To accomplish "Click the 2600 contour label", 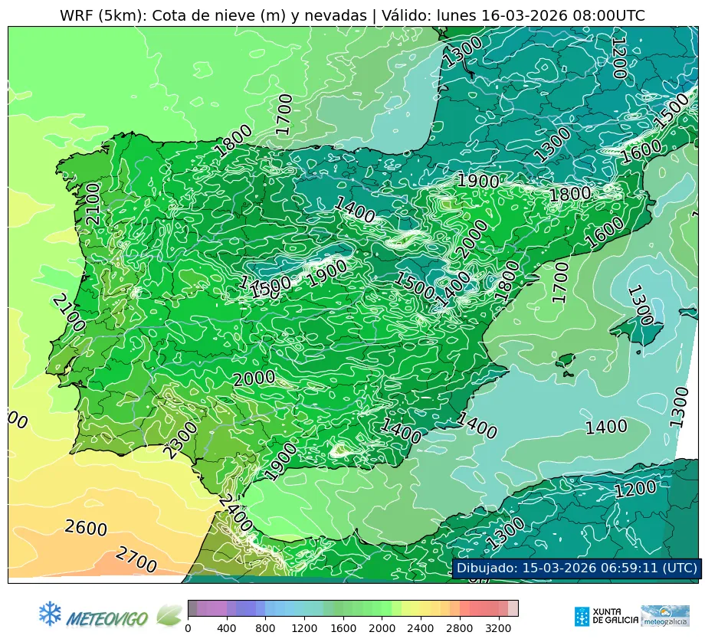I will (x=86, y=528).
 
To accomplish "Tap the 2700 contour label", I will (x=136, y=560).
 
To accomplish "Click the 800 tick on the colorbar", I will (x=265, y=628).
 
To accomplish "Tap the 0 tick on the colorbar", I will (x=188, y=628).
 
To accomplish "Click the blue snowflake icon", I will (x=50, y=613).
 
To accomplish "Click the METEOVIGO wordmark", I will (x=108, y=617).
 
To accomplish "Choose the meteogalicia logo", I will (x=664, y=615).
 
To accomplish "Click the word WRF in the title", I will (x=76, y=15).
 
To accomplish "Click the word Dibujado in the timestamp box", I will (x=486, y=568).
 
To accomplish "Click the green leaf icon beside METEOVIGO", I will (x=169, y=614).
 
